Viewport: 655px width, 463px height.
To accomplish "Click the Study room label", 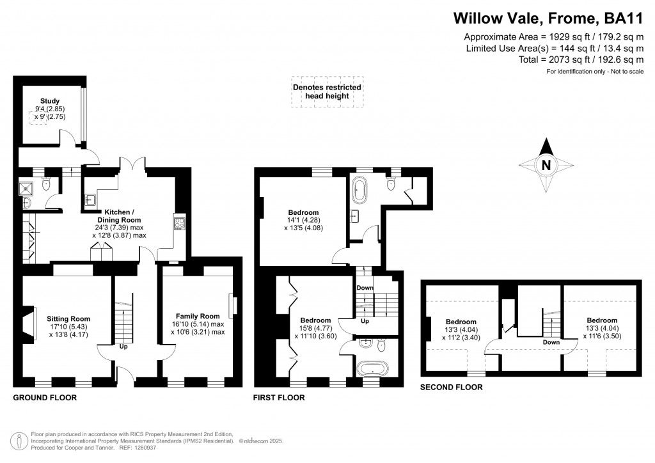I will click(x=50, y=101).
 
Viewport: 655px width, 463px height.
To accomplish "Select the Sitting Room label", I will click(x=68, y=318).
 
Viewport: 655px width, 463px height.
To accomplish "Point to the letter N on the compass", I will click(x=546, y=164).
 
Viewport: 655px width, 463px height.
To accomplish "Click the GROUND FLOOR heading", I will click(x=45, y=397).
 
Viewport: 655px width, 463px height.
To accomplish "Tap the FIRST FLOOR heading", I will click(x=279, y=398).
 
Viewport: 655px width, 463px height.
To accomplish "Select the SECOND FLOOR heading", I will click(x=450, y=388).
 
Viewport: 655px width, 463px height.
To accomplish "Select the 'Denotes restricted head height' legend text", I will click(x=326, y=91).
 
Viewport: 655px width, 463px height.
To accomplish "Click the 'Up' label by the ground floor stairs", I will click(x=122, y=347).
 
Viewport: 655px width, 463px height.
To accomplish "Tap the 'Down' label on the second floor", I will click(x=550, y=342).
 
